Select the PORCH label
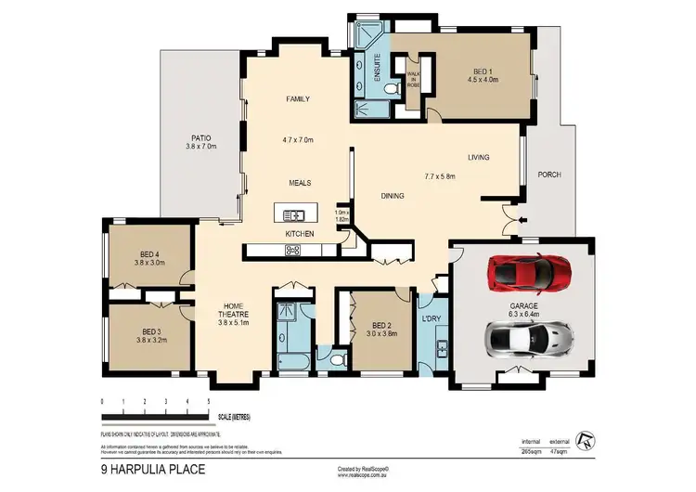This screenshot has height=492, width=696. point(549,175)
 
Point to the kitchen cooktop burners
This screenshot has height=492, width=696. point(293,249)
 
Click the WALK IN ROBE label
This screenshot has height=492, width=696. point(414,77)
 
